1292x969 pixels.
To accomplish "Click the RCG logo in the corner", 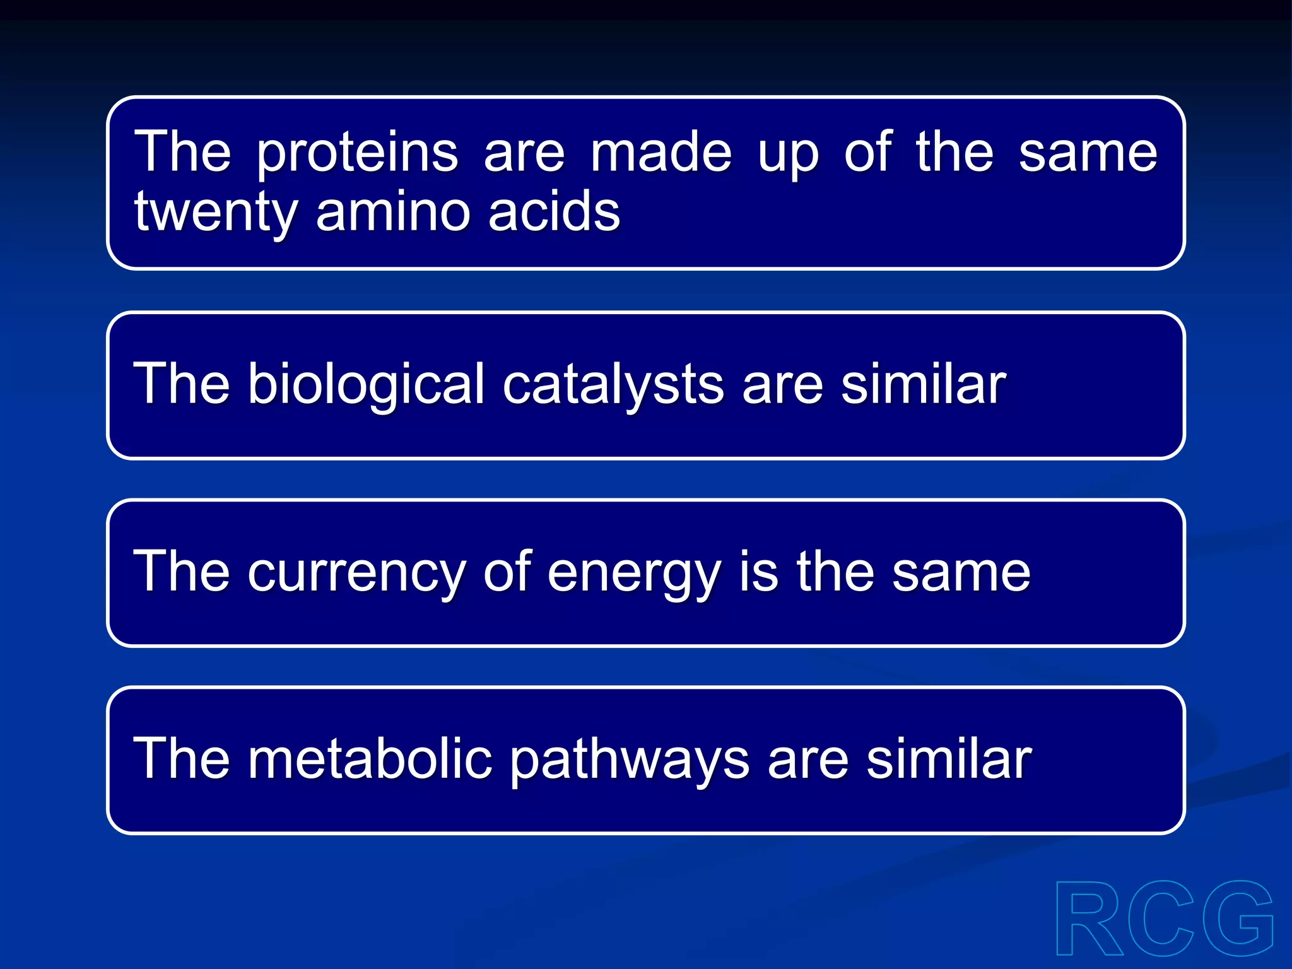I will [1164, 920].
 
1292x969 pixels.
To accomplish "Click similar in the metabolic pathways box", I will [949, 759].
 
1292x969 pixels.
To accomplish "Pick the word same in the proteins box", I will [1088, 153].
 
